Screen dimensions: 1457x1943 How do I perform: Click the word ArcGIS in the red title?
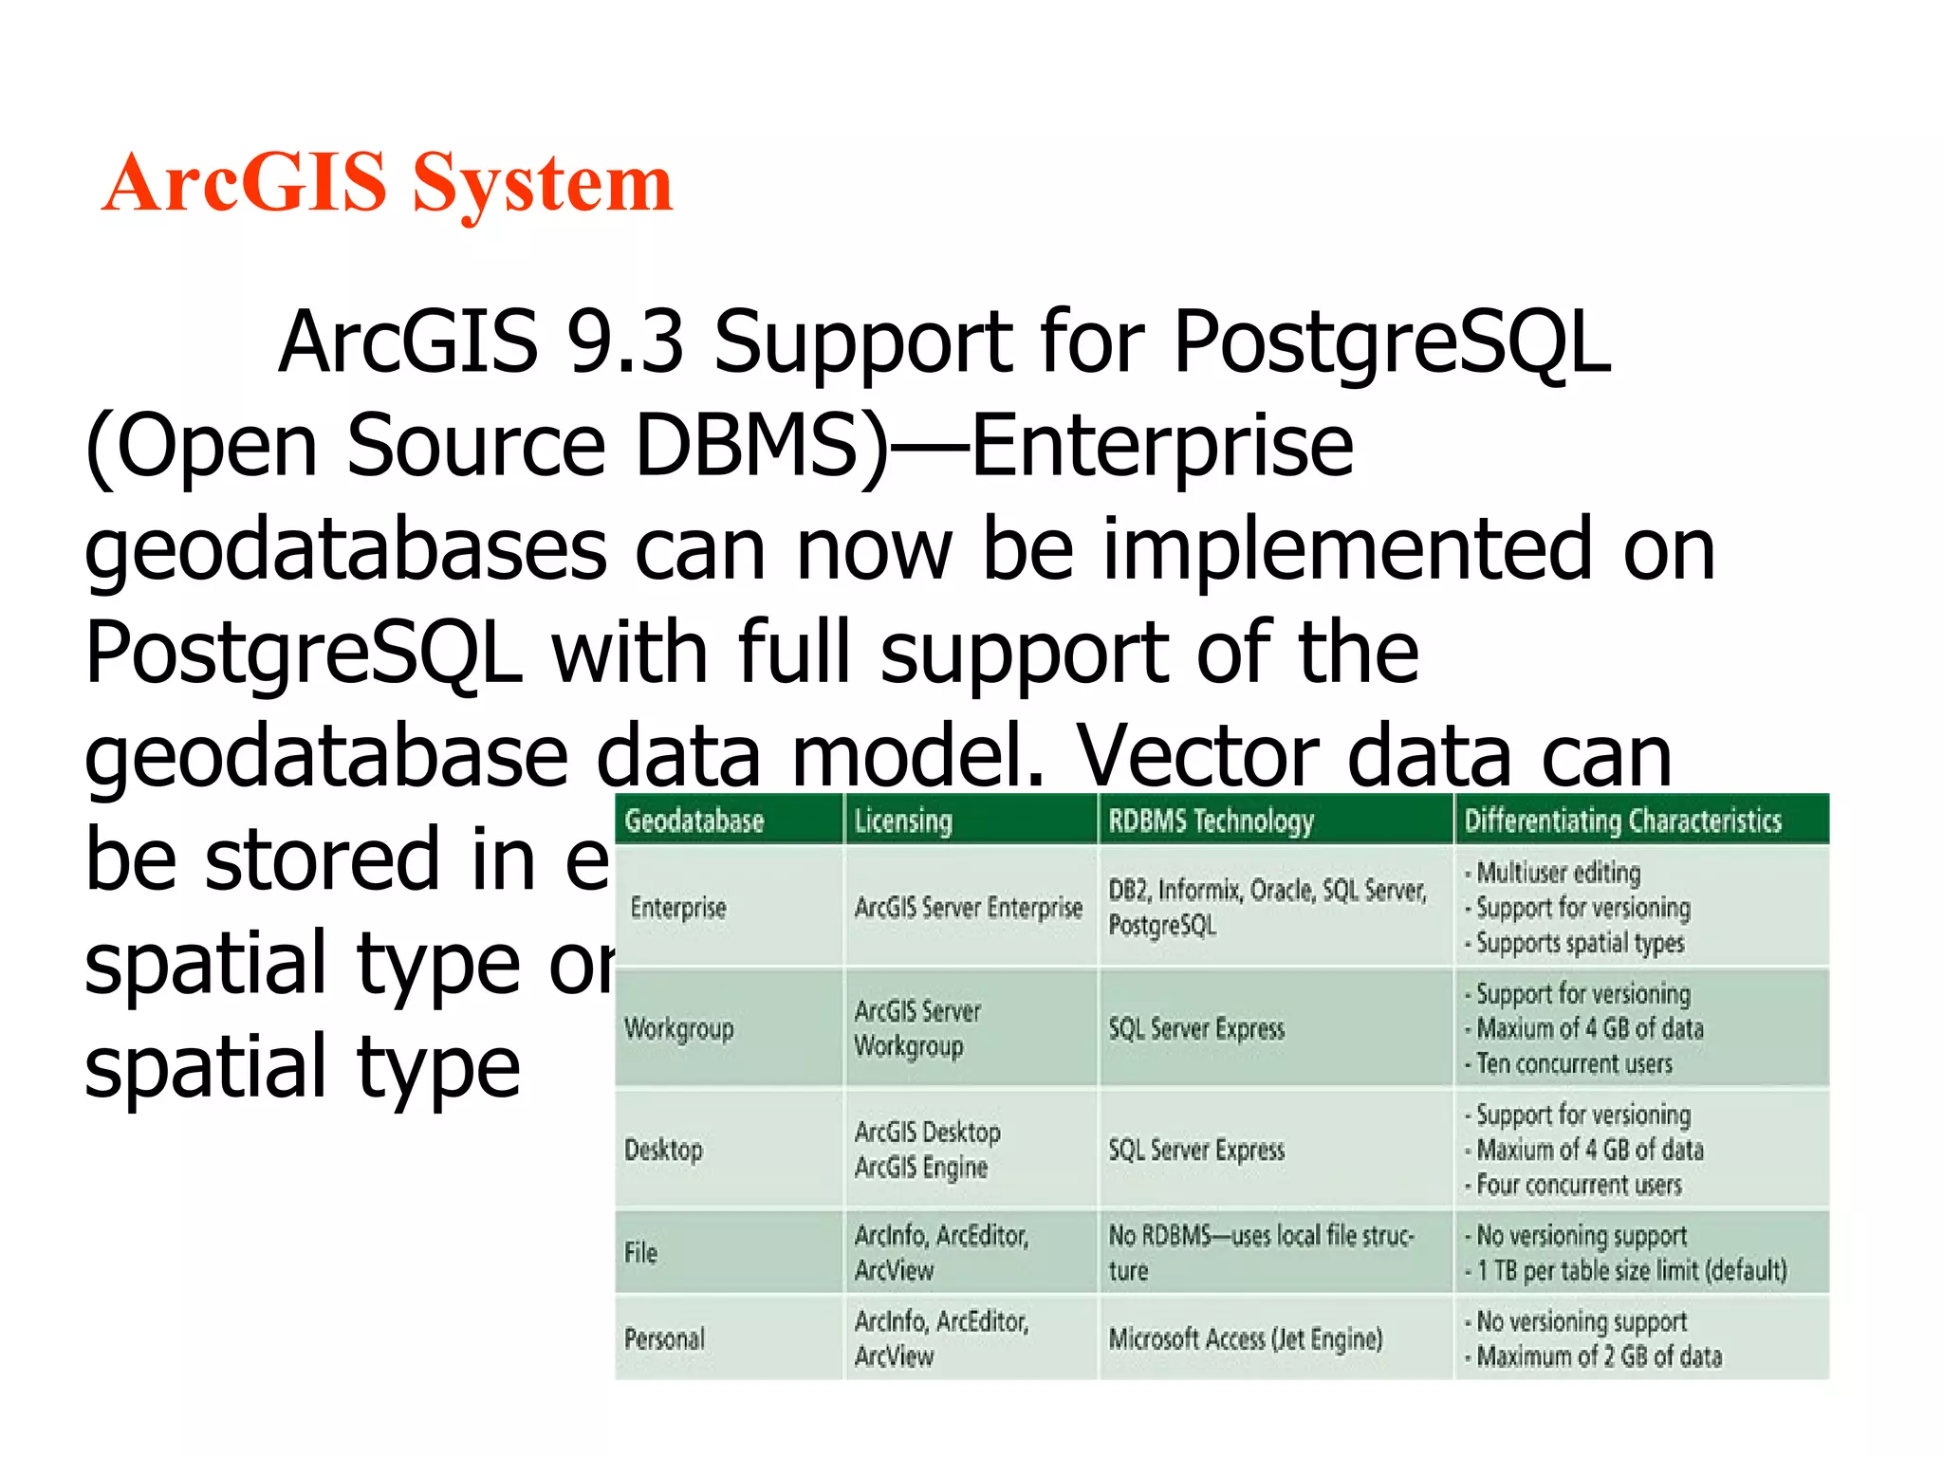tap(245, 182)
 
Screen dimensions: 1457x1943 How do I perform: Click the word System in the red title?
tap(543, 184)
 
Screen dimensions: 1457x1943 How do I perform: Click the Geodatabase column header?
tap(694, 821)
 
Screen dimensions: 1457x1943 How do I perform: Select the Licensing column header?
tap(902, 821)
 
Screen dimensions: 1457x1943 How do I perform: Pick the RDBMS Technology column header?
tap(1211, 821)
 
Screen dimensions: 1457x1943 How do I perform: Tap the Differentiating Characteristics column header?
tap(1622, 821)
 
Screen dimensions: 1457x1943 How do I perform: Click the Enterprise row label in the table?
tap(677, 908)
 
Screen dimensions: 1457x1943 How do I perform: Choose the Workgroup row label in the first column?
tap(678, 1028)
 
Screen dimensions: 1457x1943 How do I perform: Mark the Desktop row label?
tap(663, 1150)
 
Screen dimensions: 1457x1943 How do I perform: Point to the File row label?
tap(640, 1252)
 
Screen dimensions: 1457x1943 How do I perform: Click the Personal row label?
tap(664, 1338)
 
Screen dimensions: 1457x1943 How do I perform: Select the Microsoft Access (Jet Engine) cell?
tap(1245, 1338)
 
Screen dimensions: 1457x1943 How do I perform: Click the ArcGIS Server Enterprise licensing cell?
tap(968, 908)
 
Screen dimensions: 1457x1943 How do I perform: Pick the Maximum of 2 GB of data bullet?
tap(1598, 1356)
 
